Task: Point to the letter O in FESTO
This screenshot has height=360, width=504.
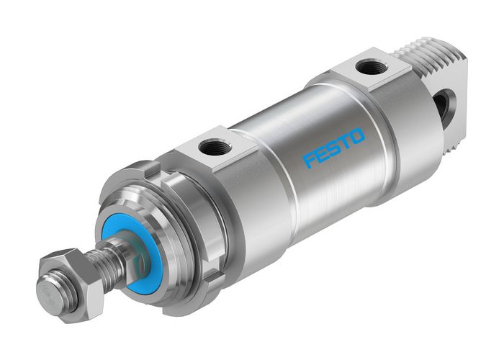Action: click(358, 136)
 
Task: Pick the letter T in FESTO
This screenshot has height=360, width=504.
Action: click(345, 142)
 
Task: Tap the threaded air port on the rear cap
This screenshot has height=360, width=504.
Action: click(372, 69)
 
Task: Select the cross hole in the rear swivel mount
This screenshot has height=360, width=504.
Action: click(441, 105)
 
